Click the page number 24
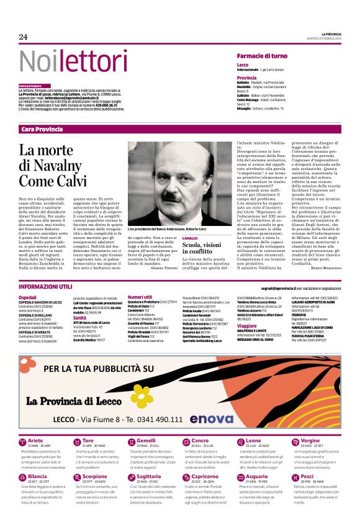pyautogui.click(x=23, y=37)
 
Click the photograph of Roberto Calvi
pyautogui.click(x=180, y=184)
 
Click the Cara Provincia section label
pyautogui.click(x=42, y=129)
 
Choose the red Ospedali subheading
pyautogui.click(x=28, y=297)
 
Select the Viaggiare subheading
pyautogui.click(x=247, y=325)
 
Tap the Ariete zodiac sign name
pyautogui.click(x=35, y=440)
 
